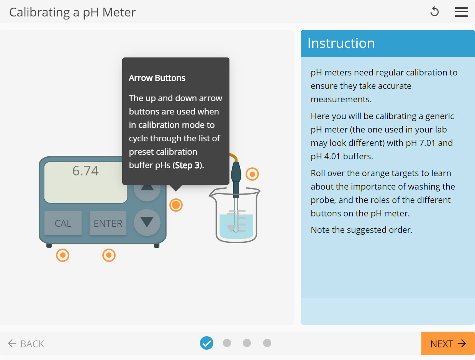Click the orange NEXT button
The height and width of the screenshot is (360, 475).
(448, 344)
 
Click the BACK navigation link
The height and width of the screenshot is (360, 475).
(26, 344)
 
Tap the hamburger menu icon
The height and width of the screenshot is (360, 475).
(461, 12)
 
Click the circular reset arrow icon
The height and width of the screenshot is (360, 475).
(434, 12)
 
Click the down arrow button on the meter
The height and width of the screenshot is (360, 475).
(147, 222)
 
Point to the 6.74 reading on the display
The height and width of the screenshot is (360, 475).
(85, 171)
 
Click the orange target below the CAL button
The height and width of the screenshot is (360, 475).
(62, 255)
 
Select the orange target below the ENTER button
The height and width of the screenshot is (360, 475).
(109, 255)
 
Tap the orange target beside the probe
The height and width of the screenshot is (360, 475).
(252, 174)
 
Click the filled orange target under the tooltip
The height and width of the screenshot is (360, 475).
(176, 205)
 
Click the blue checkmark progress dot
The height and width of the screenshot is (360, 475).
(206, 343)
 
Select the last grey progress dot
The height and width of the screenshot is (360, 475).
(267, 343)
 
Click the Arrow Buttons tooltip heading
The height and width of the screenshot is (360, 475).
(157, 78)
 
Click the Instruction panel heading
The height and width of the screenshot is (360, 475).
(341, 43)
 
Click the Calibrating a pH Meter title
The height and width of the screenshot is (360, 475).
(72, 12)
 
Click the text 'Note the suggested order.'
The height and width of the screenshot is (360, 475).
(361, 230)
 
